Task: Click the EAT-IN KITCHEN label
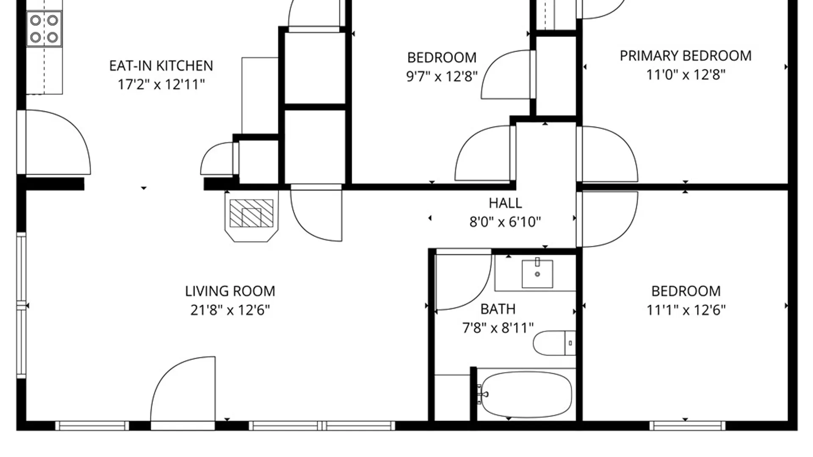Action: [x=161, y=66]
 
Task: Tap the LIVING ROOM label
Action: [x=230, y=291]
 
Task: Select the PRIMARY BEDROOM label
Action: [x=686, y=56]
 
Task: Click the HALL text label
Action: [x=505, y=203]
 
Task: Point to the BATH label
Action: [x=498, y=309]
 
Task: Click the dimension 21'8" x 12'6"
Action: [x=230, y=310]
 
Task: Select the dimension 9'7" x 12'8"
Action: [x=442, y=76]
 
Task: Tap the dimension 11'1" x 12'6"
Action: [x=686, y=310]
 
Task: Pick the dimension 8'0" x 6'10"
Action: [x=505, y=222]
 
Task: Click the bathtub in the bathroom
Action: [x=527, y=394]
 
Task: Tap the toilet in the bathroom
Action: [x=554, y=343]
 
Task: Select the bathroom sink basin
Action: [x=537, y=274]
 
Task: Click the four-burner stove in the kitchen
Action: [x=44, y=29]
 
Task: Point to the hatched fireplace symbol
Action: [x=252, y=213]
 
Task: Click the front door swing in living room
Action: [x=183, y=389]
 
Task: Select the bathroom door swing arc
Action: [x=464, y=280]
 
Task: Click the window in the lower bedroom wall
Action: [x=688, y=426]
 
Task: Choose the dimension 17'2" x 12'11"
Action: [x=161, y=85]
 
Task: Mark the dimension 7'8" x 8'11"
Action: [x=498, y=328]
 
